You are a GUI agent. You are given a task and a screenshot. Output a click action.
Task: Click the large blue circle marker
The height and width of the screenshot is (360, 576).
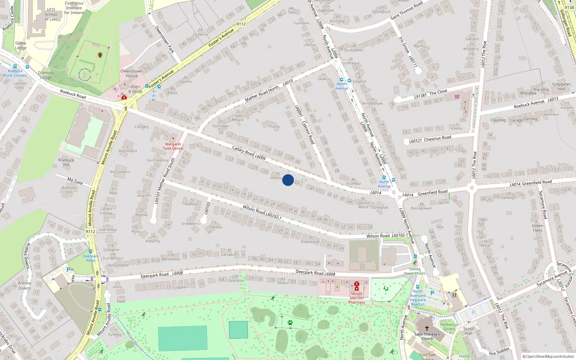[x=288, y=180]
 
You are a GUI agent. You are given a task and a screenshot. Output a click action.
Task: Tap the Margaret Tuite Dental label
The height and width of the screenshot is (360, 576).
[x=173, y=146]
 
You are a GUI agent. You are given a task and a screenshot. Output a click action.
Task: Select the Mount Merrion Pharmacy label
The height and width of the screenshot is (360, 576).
[x=356, y=298]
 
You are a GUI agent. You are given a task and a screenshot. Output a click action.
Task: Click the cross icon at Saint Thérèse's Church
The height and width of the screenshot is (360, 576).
[x=427, y=328]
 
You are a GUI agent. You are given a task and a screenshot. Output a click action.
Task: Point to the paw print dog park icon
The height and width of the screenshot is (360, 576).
[x=290, y=323]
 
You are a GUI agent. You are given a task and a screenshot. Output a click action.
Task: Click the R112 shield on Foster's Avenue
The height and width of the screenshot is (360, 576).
[x=241, y=24]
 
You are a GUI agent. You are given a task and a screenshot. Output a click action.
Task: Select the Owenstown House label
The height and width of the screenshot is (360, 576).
[x=132, y=73]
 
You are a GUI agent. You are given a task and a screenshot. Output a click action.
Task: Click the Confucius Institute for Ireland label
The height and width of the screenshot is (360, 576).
[x=74, y=8]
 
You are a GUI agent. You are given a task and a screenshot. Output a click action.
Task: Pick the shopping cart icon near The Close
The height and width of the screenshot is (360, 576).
[x=457, y=96]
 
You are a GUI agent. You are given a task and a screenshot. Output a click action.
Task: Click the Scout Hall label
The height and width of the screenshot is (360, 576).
[x=468, y=331]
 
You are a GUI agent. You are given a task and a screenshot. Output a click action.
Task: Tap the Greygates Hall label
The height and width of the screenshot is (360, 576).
[x=561, y=86]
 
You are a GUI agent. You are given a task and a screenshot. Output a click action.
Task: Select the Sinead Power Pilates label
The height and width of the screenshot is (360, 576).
[x=415, y=271]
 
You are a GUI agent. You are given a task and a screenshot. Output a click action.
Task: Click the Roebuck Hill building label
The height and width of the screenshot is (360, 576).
[x=66, y=162]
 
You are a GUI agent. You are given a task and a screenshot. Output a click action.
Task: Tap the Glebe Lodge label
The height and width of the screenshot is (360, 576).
[x=21, y=45]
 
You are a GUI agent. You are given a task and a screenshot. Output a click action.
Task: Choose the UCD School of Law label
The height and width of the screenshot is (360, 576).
[x=51, y=14]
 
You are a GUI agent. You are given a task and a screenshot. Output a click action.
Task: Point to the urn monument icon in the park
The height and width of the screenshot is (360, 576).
[x=100, y=55]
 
